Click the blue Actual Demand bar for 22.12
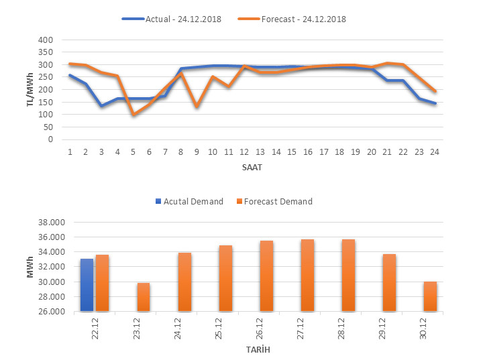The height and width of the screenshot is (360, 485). tap(87, 285)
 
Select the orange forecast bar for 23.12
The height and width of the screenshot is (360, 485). tap(144, 297)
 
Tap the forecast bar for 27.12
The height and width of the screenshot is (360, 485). tap(308, 275)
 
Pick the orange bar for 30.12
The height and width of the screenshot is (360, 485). tap(431, 296)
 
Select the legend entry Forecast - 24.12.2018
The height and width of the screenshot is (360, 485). tap(291, 19)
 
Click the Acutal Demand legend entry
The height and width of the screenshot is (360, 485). tap(188, 201)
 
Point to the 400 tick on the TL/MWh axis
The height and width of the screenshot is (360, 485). tap(44, 40)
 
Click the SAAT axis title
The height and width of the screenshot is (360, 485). tap(252, 168)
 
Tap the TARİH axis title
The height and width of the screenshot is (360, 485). tap(258, 350)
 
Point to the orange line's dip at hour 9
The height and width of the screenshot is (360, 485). tap(197, 107)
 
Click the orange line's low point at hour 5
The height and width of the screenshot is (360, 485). tap(133, 115)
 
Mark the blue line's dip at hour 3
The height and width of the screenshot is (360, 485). tap(101, 106)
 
